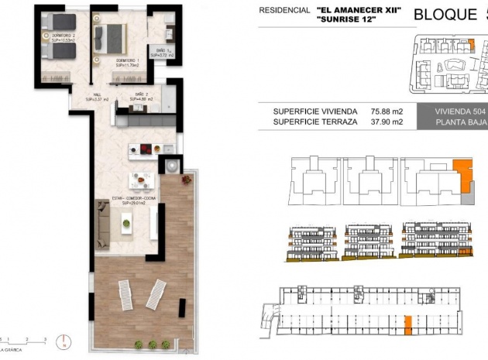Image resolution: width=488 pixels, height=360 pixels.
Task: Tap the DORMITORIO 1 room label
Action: pos(127,63)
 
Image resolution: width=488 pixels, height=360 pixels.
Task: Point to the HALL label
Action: pos(99,97)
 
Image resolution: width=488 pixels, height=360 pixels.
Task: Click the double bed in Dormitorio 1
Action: pos(110,36)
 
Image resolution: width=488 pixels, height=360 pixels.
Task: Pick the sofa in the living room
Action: pos(102,224)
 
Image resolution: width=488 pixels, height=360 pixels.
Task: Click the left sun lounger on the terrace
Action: pos(126,294)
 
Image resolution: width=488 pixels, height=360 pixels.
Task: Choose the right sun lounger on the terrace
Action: pos(155,293)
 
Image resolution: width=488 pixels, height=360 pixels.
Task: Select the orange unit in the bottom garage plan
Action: pos(407,324)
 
